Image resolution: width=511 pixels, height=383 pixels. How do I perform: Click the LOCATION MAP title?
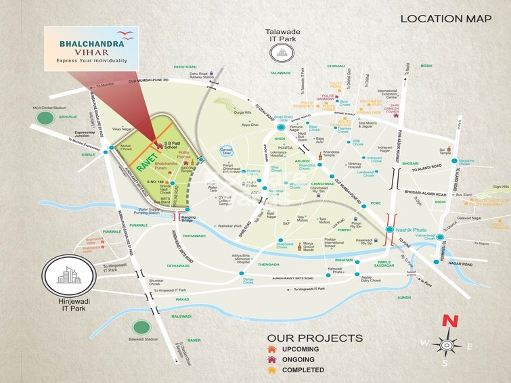[445, 18]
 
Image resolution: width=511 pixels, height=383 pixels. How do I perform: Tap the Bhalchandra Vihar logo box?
[91, 47]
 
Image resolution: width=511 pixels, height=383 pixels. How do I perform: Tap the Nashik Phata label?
[415, 230]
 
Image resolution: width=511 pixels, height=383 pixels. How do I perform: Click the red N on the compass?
[447, 323]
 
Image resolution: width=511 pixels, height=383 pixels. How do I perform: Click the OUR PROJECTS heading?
[315, 337]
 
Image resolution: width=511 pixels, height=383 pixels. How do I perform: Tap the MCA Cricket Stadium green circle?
[45, 118]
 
